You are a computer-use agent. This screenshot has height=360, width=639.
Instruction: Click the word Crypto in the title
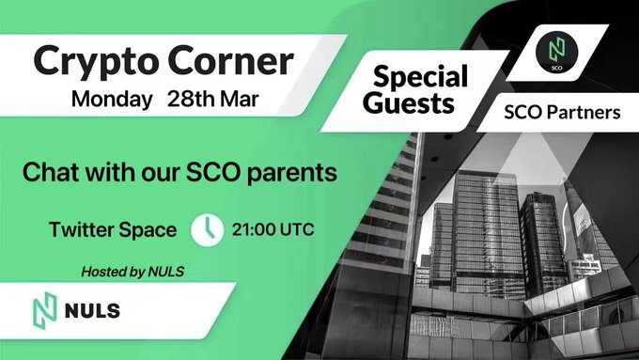click(x=96, y=62)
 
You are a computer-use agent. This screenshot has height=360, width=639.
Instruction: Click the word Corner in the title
click(x=231, y=60)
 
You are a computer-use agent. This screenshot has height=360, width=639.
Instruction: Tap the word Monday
click(x=112, y=100)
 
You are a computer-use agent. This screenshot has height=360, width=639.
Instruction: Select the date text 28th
click(x=191, y=99)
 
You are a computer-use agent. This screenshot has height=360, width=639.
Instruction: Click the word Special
click(x=421, y=77)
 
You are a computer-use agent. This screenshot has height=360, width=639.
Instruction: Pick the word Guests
click(x=409, y=102)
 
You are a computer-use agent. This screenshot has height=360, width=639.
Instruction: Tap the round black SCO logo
click(x=556, y=53)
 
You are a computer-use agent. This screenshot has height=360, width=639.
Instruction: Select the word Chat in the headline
click(x=51, y=172)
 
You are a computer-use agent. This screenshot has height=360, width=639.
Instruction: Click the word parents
click(x=292, y=173)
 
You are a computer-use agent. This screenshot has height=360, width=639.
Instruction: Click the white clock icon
click(x=208, y=230)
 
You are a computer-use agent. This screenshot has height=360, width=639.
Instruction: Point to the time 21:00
click(x=254, y=229)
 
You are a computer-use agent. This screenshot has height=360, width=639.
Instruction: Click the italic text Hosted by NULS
click(x=132, y=272)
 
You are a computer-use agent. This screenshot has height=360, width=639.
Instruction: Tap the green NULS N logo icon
click(x=45, y=311)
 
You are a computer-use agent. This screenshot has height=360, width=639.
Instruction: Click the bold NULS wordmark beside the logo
click(x=92, y=311)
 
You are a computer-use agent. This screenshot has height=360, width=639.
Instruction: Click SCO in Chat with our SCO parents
click(x=213, y=172)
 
